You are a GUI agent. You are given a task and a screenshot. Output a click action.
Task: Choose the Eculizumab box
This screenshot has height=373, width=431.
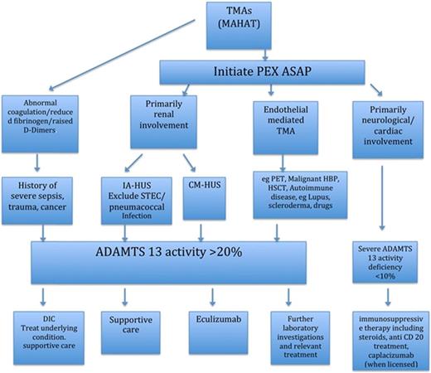coord(211,328)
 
